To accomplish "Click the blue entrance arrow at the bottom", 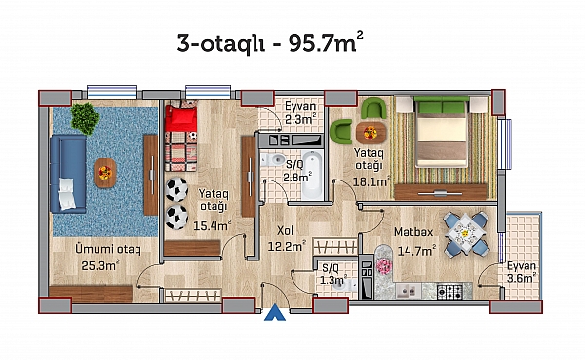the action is (x=275, y=313).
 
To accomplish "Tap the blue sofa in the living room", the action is (x=68, y=174).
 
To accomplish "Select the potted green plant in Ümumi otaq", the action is (x=85, y=118).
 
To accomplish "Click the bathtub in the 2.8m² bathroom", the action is (x=312, y=175).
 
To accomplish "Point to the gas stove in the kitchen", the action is (x=449, y=291).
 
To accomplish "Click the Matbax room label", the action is (x=413, y=232).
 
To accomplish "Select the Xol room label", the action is (x=285, y=231).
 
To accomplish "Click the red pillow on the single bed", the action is (x=180, y=118).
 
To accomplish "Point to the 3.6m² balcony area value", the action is (x=522, y=278).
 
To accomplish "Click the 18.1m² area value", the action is (x=370, y=181).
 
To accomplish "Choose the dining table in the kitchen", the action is (x=465, y=233).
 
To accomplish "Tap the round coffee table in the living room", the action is (x=105, y=173).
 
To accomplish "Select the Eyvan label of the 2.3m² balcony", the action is (x=300, y=106).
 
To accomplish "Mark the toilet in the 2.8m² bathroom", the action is (x=273, y=160).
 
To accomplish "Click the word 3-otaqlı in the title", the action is (x=221, y=43).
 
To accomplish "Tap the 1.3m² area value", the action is (x=333, y=279).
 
